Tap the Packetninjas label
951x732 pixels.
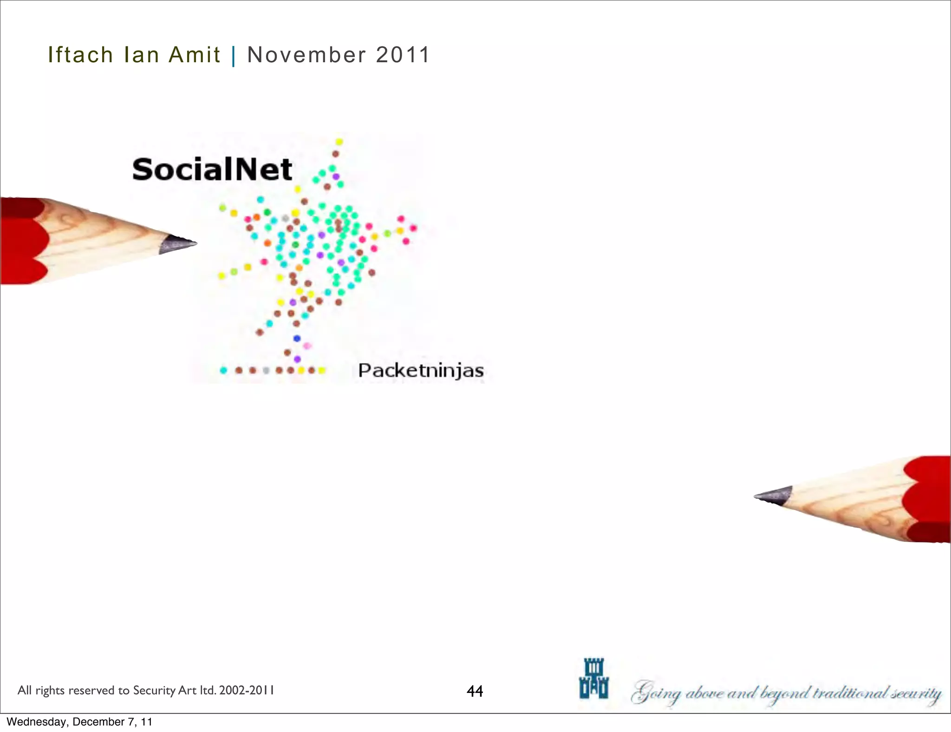tap(421, 371)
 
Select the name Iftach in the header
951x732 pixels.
tap(80, 55)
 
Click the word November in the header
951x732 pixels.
tap(307, 55)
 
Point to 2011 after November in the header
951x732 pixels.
tap(403, 55)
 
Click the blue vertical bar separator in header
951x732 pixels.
tap(233, 56)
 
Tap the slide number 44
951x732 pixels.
tap(475, 691)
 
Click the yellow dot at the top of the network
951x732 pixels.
tap(339, 142)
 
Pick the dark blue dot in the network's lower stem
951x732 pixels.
tap(297, 338)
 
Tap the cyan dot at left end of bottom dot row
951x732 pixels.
tap(223, 370)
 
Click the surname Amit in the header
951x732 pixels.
tap(194, 55)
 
